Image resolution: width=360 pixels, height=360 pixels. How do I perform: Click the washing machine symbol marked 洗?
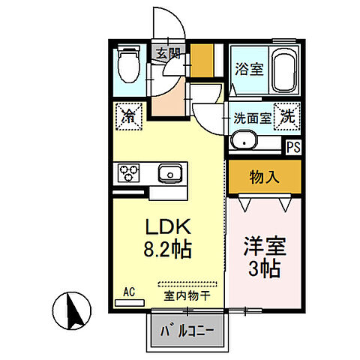tap(286, 116)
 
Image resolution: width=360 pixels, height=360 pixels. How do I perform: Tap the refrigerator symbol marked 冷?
tap(128, 116)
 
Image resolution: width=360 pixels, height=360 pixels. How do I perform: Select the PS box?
tap(293, 146)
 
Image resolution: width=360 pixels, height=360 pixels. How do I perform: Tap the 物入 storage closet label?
tap(264, 178)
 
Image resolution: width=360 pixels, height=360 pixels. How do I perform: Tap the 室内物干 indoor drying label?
tap(184, 295)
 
